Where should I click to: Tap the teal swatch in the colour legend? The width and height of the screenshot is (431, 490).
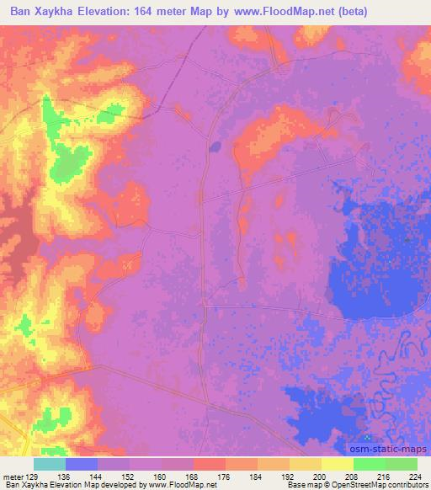click(x=49, y=464)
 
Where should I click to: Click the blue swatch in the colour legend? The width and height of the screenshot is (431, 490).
click(x=82, y=464)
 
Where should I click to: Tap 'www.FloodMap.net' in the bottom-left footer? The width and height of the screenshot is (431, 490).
click(x=180, y=485)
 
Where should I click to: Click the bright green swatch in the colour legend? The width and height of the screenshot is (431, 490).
click(x=370, y=464)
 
